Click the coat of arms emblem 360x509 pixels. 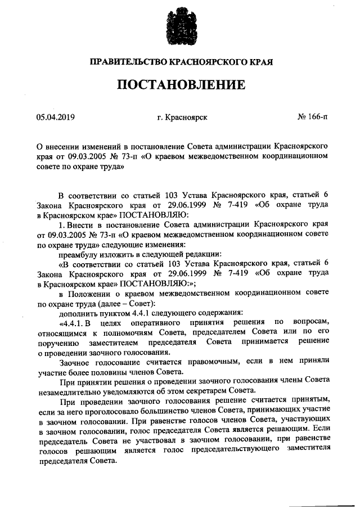(180, 28)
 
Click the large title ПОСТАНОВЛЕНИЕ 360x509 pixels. (181, 85)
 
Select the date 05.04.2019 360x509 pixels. (56, 118)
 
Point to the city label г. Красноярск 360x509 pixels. (182, 118)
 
